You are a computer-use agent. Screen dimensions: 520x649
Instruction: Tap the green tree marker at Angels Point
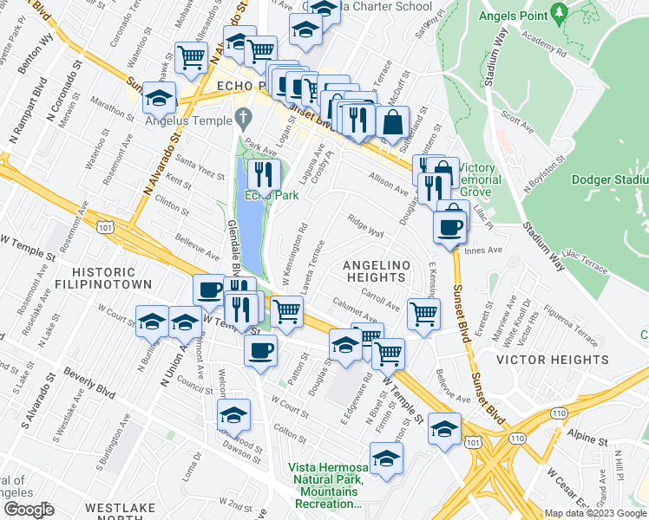click(x=560, y=14)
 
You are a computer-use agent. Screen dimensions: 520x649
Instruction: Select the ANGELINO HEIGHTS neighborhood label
click(x=374, y=270)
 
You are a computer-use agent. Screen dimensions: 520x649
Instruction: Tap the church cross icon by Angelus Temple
click(x=245, y=116)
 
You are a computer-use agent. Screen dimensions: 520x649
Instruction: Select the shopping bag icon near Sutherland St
click(x=393, y=123)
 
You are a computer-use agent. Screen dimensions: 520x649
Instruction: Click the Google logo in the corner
click(x=28, y=509)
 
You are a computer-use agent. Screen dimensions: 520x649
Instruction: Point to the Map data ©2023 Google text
click(x=595, y=513)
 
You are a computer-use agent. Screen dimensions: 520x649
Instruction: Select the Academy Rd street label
click(x=544, y=52)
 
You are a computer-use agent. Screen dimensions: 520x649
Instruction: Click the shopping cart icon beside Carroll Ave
click(x=423, y=313)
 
